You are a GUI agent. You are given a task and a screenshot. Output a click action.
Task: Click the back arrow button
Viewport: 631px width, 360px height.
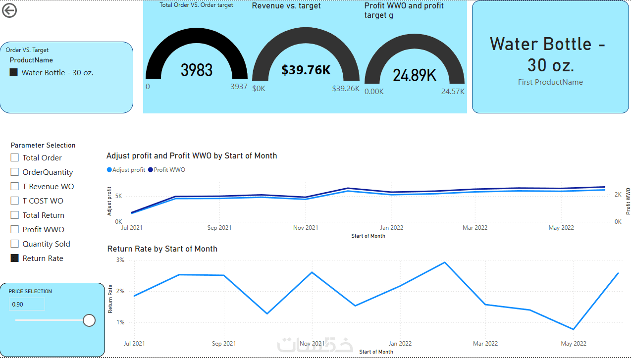(9, 11)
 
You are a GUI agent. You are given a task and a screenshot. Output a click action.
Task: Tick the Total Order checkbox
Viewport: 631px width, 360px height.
(15, 157)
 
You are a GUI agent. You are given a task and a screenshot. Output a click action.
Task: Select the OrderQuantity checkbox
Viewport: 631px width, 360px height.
(15, 172)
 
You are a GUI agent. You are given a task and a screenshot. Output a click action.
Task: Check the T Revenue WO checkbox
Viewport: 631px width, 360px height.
(15, 186)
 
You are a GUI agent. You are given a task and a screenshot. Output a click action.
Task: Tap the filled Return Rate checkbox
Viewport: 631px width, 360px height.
(15, 258)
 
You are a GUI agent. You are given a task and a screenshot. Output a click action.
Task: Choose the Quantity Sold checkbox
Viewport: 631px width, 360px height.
(15, 244)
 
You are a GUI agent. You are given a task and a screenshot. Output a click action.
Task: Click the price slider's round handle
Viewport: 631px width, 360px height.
(89, 320)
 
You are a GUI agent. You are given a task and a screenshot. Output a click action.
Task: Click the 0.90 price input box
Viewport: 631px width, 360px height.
(27, 304)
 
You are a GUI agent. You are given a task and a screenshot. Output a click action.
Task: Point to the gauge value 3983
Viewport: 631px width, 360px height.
(196, 70)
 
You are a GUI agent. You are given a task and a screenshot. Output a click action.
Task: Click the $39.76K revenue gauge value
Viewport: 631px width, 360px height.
(306, 70)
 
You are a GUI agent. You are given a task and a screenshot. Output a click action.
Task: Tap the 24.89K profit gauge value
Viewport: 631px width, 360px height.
(415, 75)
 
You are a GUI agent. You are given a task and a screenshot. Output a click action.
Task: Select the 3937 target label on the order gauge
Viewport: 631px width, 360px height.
(239, 87)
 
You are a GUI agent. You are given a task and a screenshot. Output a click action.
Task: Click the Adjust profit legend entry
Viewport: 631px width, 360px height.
(126, 169)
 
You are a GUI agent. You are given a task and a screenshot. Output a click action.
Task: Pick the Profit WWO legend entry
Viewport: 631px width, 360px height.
(166, 169)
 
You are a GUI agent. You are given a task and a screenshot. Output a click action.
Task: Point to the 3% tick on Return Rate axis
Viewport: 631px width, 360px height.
(120, 259)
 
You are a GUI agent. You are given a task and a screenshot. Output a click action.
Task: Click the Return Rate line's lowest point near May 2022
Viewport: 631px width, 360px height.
(573, 329)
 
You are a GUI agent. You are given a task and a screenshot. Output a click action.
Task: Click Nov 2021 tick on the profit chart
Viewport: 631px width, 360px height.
(306, 228)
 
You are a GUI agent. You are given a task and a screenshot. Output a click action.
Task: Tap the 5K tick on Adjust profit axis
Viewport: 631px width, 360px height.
(118, 196)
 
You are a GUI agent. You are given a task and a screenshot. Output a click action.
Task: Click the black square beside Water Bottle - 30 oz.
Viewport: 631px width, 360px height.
(13, 73)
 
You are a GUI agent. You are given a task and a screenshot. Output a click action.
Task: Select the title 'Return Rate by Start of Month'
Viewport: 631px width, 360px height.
(162, 249)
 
